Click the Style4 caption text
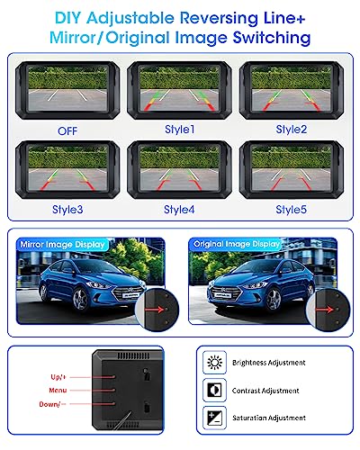click(x=179, y=209)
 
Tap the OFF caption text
click(x=68, y=130)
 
